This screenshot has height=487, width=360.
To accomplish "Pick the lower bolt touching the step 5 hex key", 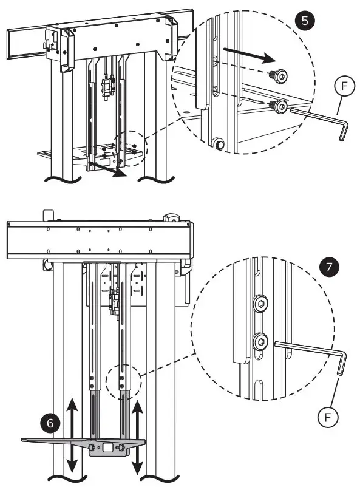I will pos(280,107).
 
